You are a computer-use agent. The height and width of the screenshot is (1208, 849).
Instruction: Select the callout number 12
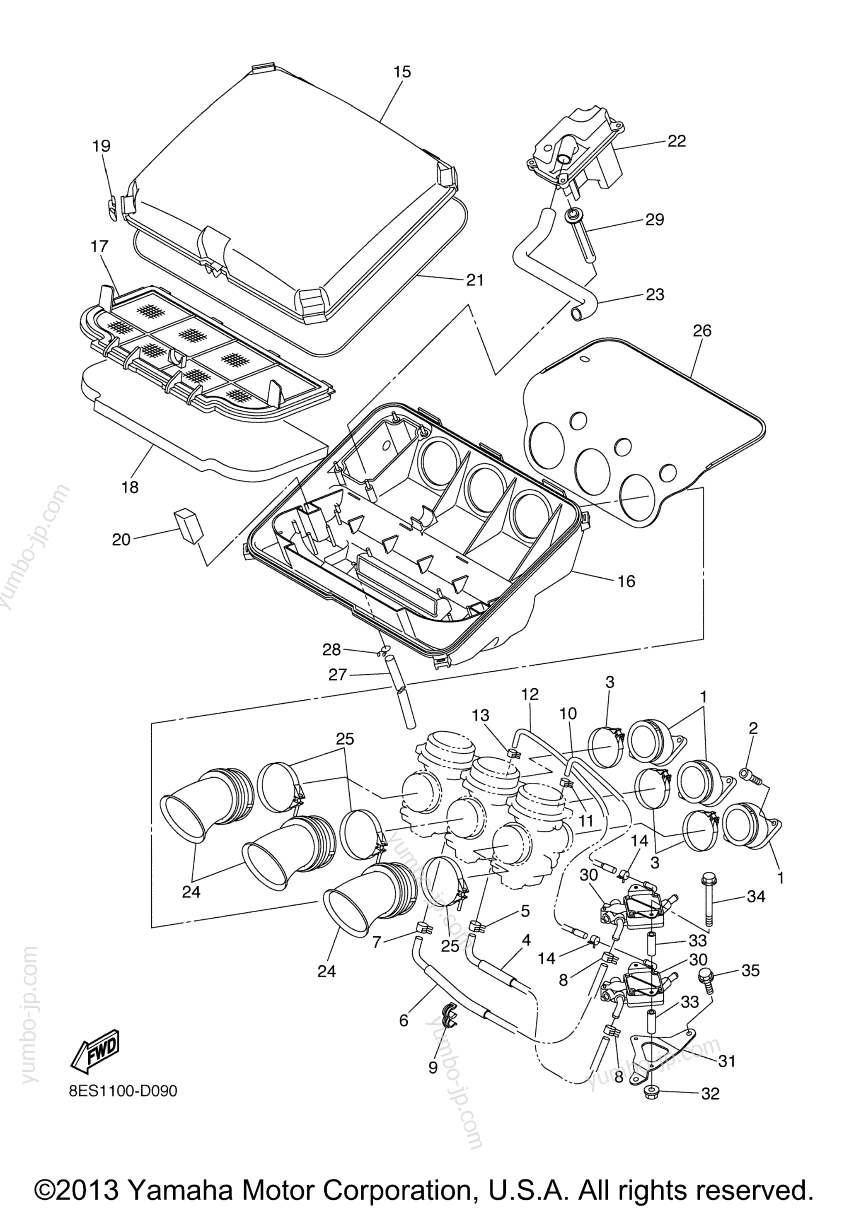[x=530, y=694]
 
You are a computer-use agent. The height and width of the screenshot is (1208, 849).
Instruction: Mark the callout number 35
[x=750, y=970]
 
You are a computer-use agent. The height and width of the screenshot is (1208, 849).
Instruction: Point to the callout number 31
[x=726, y=1062]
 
